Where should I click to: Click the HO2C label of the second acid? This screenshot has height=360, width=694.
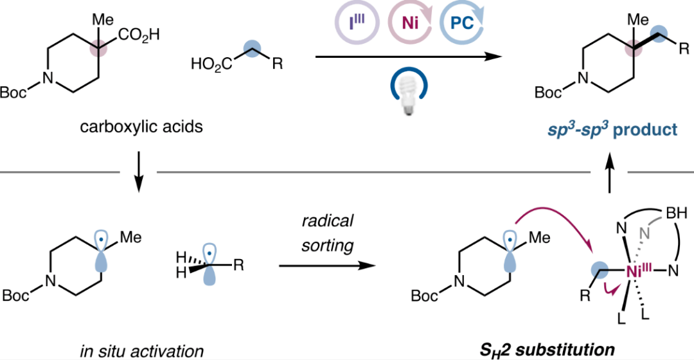[208, 64]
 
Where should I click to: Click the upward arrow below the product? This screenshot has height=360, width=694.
[610, 174]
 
